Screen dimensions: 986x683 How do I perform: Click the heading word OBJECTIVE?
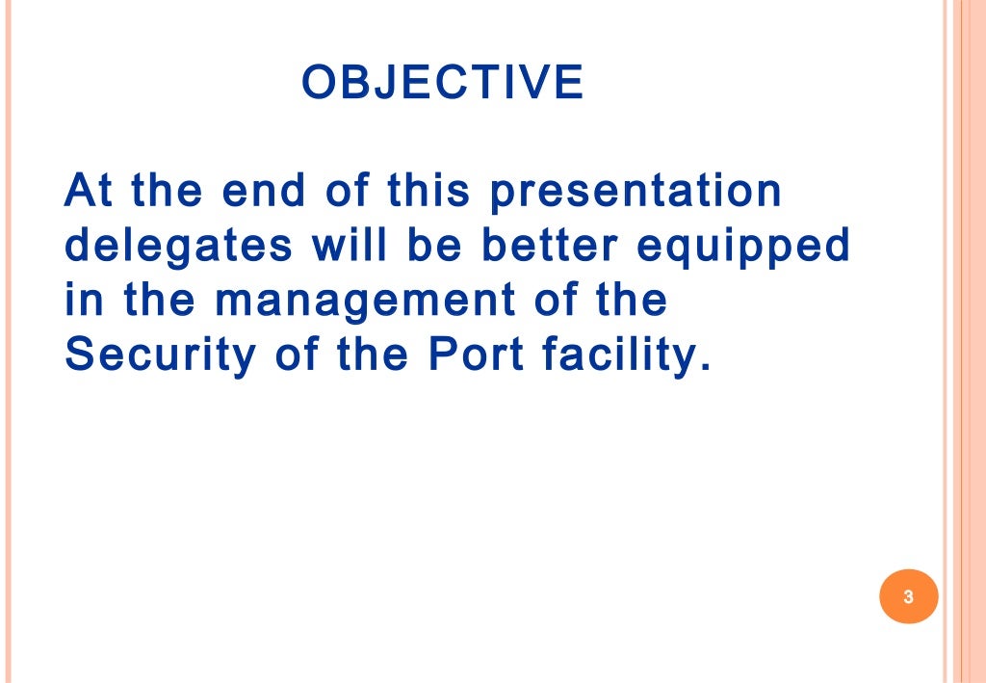[x=442, y=83]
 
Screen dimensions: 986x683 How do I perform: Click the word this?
[x=428, y=191]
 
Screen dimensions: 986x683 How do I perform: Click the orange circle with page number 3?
[x=908, y=596]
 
